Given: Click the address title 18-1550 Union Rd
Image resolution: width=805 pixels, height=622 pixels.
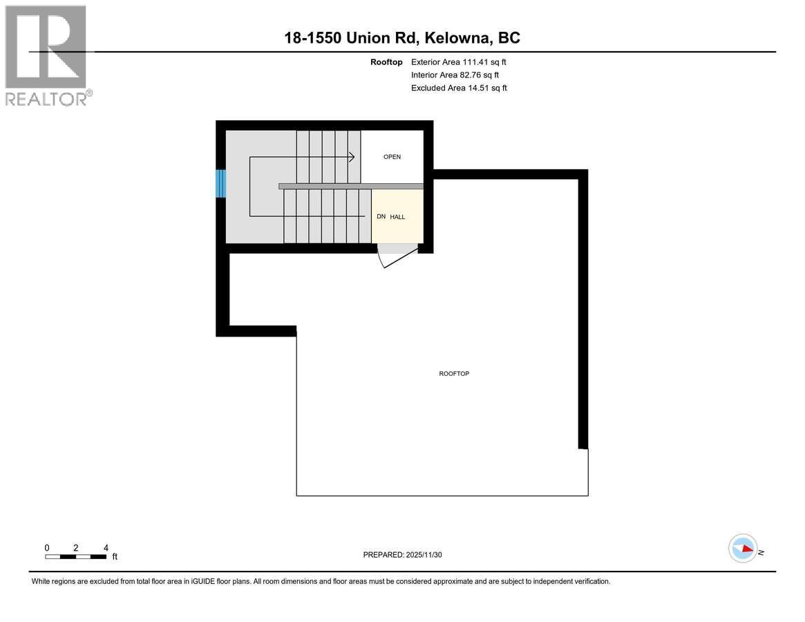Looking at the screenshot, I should pos(402,37).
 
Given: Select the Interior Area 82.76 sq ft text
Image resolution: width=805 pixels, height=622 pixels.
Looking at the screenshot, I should pos(455,75).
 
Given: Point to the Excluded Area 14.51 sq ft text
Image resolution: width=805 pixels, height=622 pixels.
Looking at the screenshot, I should pos(459,88).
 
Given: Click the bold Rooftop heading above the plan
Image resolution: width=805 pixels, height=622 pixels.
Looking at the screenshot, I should pos(386,62).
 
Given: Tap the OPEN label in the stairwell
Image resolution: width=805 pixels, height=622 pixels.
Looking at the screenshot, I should pos(392,157).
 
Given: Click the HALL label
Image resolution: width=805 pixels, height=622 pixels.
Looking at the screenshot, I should pos(397,217).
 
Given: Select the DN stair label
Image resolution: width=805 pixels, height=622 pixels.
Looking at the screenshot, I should pos(381,217).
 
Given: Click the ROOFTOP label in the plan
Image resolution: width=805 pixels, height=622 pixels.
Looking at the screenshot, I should pos(454,374).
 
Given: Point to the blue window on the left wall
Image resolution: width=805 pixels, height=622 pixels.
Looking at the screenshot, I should pos(221,183).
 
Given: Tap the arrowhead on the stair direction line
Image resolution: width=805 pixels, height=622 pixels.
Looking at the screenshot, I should pos(352,157).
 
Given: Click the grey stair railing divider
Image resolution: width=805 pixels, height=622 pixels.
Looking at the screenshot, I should pos(351,186).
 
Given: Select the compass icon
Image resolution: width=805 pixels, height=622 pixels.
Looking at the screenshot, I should pos(743,549).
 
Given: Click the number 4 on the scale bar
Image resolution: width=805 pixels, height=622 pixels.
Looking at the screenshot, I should pos(106,547).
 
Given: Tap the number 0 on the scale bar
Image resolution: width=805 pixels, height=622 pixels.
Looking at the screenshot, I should pos(47,547).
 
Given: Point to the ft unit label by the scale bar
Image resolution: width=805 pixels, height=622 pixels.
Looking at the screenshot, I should pos(115,556).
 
